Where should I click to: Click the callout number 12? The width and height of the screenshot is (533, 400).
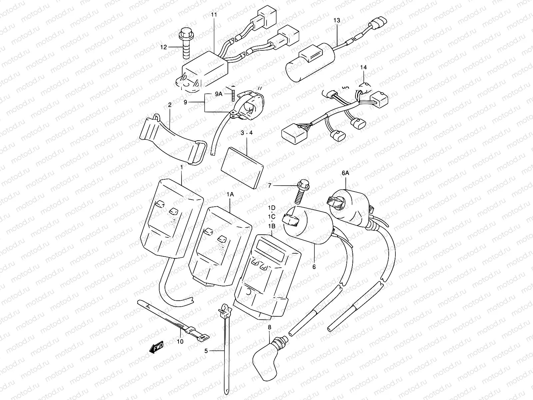[163, 47]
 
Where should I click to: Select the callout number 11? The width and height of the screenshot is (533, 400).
[214, 15]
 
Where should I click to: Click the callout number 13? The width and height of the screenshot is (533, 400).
[337, 21]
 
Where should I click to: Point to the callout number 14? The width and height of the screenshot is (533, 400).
[363, 67]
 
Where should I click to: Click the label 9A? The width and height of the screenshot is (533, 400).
[218, 94]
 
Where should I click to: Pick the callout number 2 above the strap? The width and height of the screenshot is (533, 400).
[170, 105]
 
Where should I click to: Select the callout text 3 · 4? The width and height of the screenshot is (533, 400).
[247, 133]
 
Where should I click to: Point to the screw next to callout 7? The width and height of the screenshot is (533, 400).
[300, 193]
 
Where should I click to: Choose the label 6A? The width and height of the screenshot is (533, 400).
[345, 173]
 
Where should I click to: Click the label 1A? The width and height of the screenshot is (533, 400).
[231, 194]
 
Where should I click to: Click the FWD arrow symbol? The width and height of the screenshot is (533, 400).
[156, 347]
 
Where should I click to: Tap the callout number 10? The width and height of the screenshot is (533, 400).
[180, 342]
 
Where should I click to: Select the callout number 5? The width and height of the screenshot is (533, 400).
[206, 351]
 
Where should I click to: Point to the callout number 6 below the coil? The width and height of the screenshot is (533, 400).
[314, 267]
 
